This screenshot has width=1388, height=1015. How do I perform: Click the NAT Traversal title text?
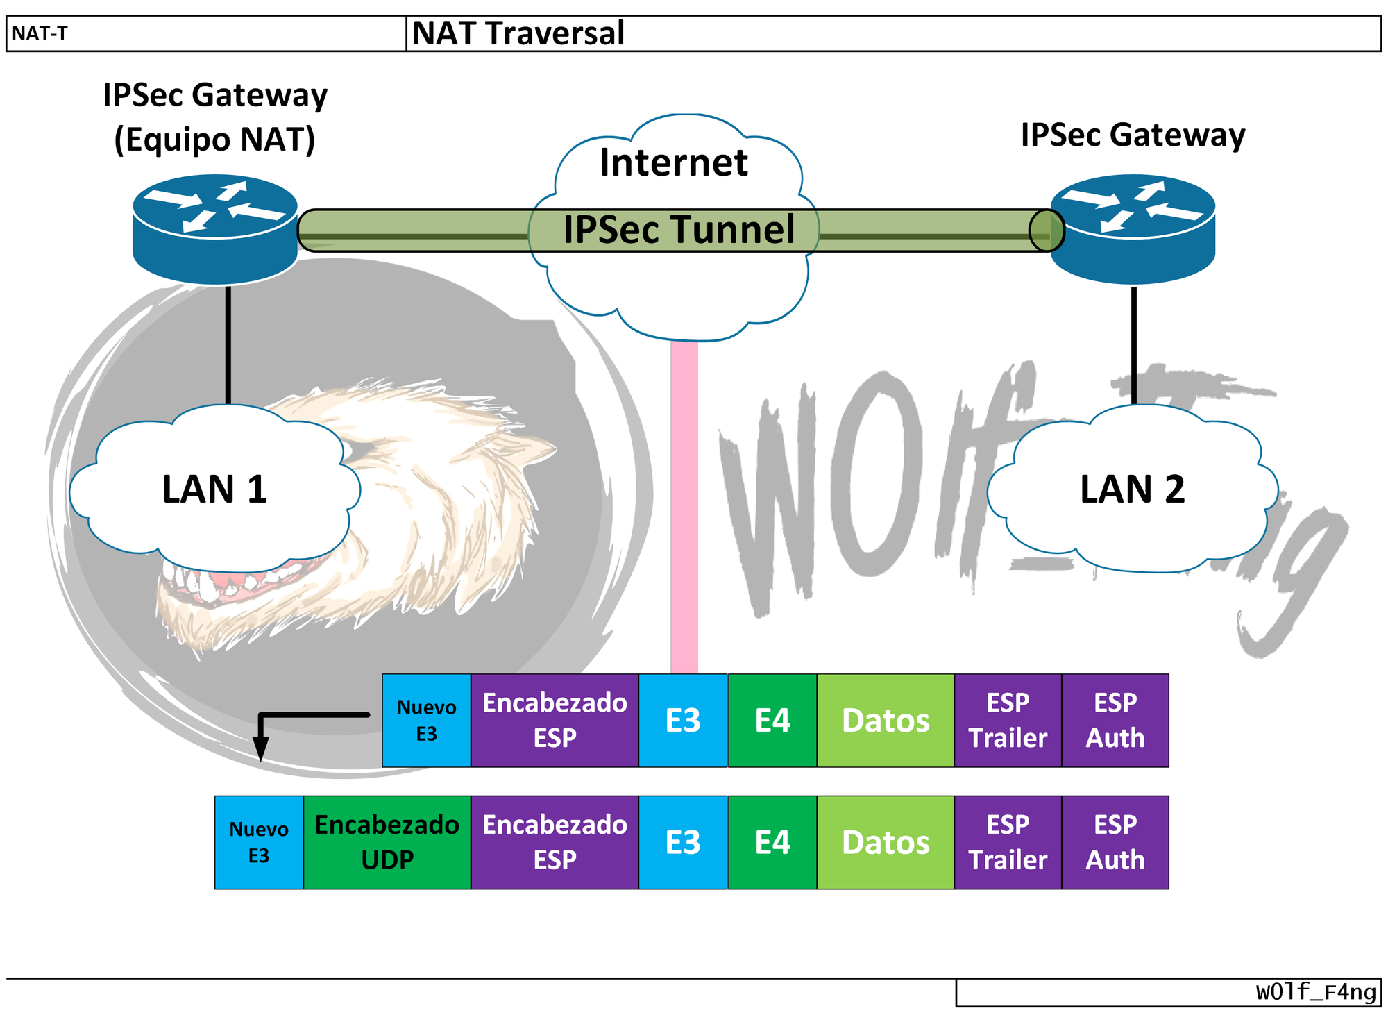[518, 33]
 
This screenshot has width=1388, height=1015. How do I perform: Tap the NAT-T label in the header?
[40, 33]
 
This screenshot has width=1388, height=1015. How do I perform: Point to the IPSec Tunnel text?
[678, 230]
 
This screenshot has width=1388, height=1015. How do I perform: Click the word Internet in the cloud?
[673, 163]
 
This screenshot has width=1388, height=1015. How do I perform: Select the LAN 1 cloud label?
[214, 489]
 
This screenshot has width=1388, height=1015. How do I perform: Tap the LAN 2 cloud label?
[1132, 489]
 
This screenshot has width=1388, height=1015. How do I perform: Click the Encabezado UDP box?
[387, 842]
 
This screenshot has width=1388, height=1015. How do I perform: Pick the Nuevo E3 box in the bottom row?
[258, 842]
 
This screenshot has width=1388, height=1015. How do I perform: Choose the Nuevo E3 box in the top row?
[426, 720]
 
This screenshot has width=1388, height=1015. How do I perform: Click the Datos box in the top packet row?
[885, 720]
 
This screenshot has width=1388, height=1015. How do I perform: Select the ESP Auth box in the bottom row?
[1115, 842]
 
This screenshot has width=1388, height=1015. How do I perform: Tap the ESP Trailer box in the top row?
[1007, 720]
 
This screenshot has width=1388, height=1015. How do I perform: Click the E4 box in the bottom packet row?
[772, 842]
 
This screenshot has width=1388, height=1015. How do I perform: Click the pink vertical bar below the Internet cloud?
[684, 507]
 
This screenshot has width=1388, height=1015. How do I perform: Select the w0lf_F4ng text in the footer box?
[1315, 992]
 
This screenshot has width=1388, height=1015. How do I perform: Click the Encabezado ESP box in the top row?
[554, 720]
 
